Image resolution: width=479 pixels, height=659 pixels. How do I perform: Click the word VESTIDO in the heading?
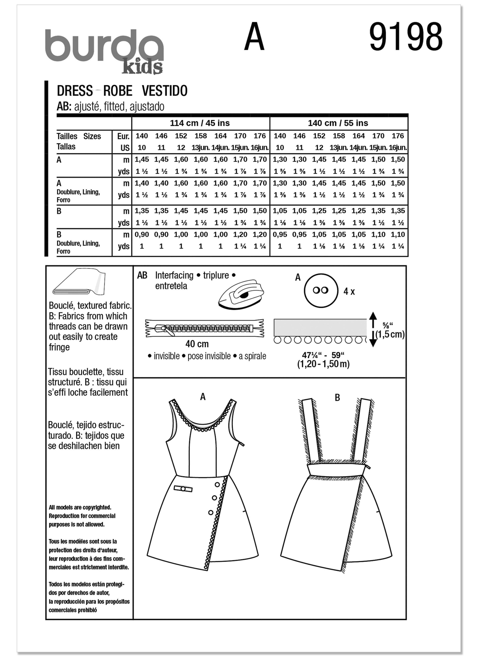click(164, 91)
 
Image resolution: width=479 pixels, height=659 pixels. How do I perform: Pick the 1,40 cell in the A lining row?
click(142, 183)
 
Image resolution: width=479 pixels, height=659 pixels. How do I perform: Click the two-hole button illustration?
click(321, 290)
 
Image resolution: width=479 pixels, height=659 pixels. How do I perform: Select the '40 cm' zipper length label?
click(197, 344)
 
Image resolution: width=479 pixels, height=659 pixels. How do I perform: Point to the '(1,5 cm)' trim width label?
click(390, 334)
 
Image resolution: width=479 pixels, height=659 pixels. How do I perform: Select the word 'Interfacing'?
click(174, 275)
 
